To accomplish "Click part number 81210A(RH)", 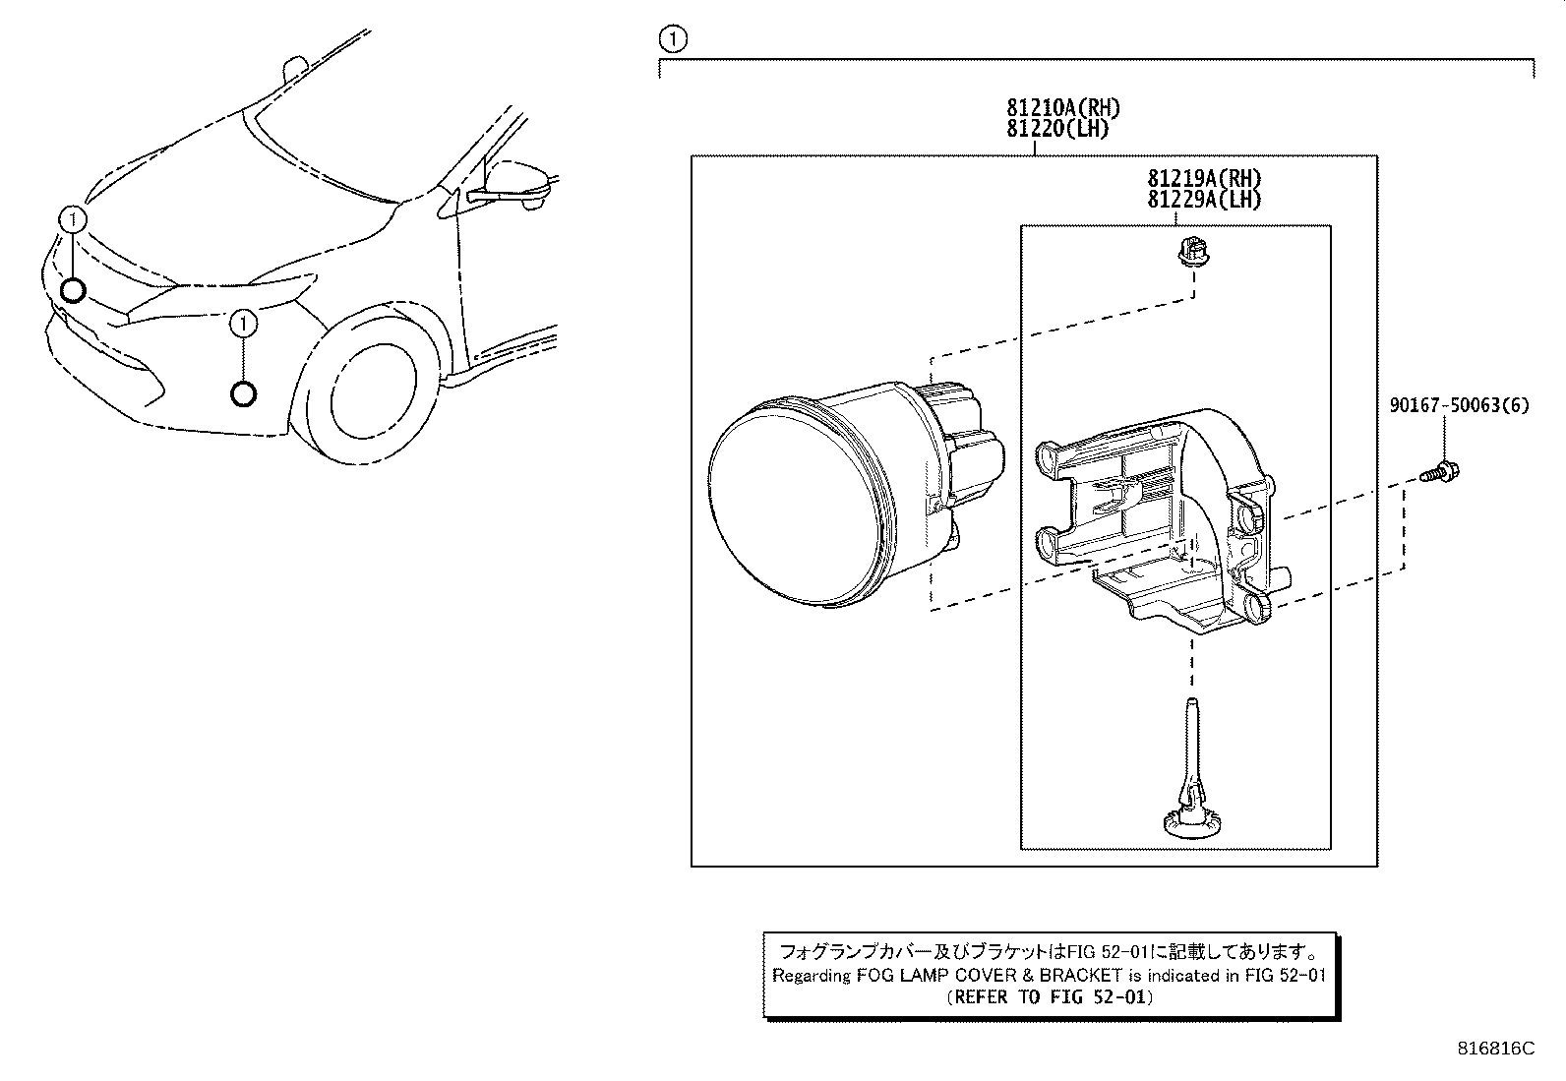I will point(1062,108).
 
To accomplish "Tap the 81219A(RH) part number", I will point(1203,179).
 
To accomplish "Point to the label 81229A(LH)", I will point(1203,199).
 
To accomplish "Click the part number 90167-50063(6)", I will point(1460,405).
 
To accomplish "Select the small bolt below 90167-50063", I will point(1442,472).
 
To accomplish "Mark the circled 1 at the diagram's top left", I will point(672,39).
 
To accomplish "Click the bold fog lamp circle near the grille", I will point(73,290).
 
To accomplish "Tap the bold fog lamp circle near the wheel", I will point(243,394).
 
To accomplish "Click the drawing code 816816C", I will point(1495,1048).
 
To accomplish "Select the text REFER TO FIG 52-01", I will point(1050,996).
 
